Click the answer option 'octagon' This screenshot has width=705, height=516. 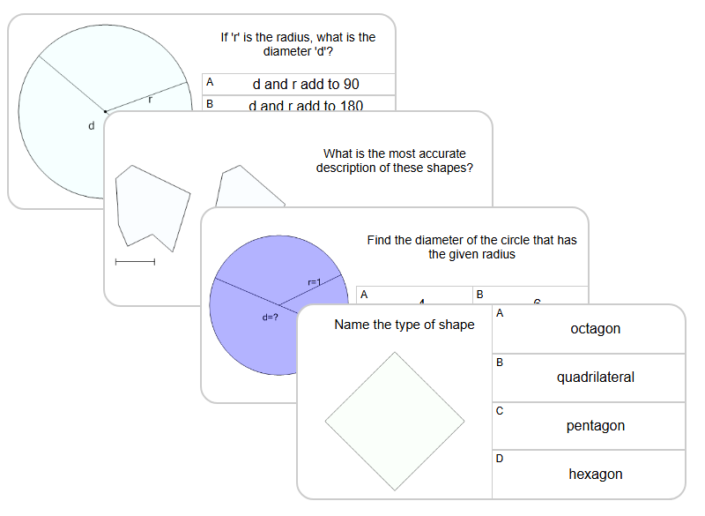595,329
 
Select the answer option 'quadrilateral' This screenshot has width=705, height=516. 595,378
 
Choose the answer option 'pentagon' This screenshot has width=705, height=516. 595,426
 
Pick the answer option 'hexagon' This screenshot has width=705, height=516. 595,475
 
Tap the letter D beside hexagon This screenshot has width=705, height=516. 500,459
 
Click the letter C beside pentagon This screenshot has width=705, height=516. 500,410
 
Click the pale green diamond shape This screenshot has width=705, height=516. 394,422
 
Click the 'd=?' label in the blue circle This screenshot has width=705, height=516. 271,317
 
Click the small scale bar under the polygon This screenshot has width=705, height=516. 135,261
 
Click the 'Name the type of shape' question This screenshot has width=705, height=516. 404,325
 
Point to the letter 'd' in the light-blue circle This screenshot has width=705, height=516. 91,126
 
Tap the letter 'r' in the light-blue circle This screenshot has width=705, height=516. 150,100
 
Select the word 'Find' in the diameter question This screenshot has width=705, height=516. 379,240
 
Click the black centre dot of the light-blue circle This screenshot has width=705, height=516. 105,111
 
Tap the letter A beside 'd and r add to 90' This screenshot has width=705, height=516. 210,82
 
